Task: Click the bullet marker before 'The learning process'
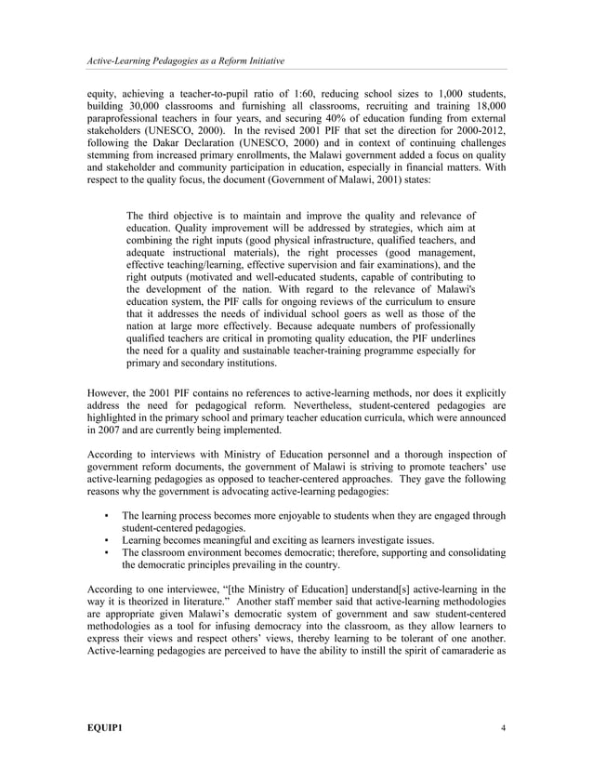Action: click(108, 515)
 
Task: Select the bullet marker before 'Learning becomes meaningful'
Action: click(108, 540)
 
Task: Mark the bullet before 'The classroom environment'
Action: click(108, 553)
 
